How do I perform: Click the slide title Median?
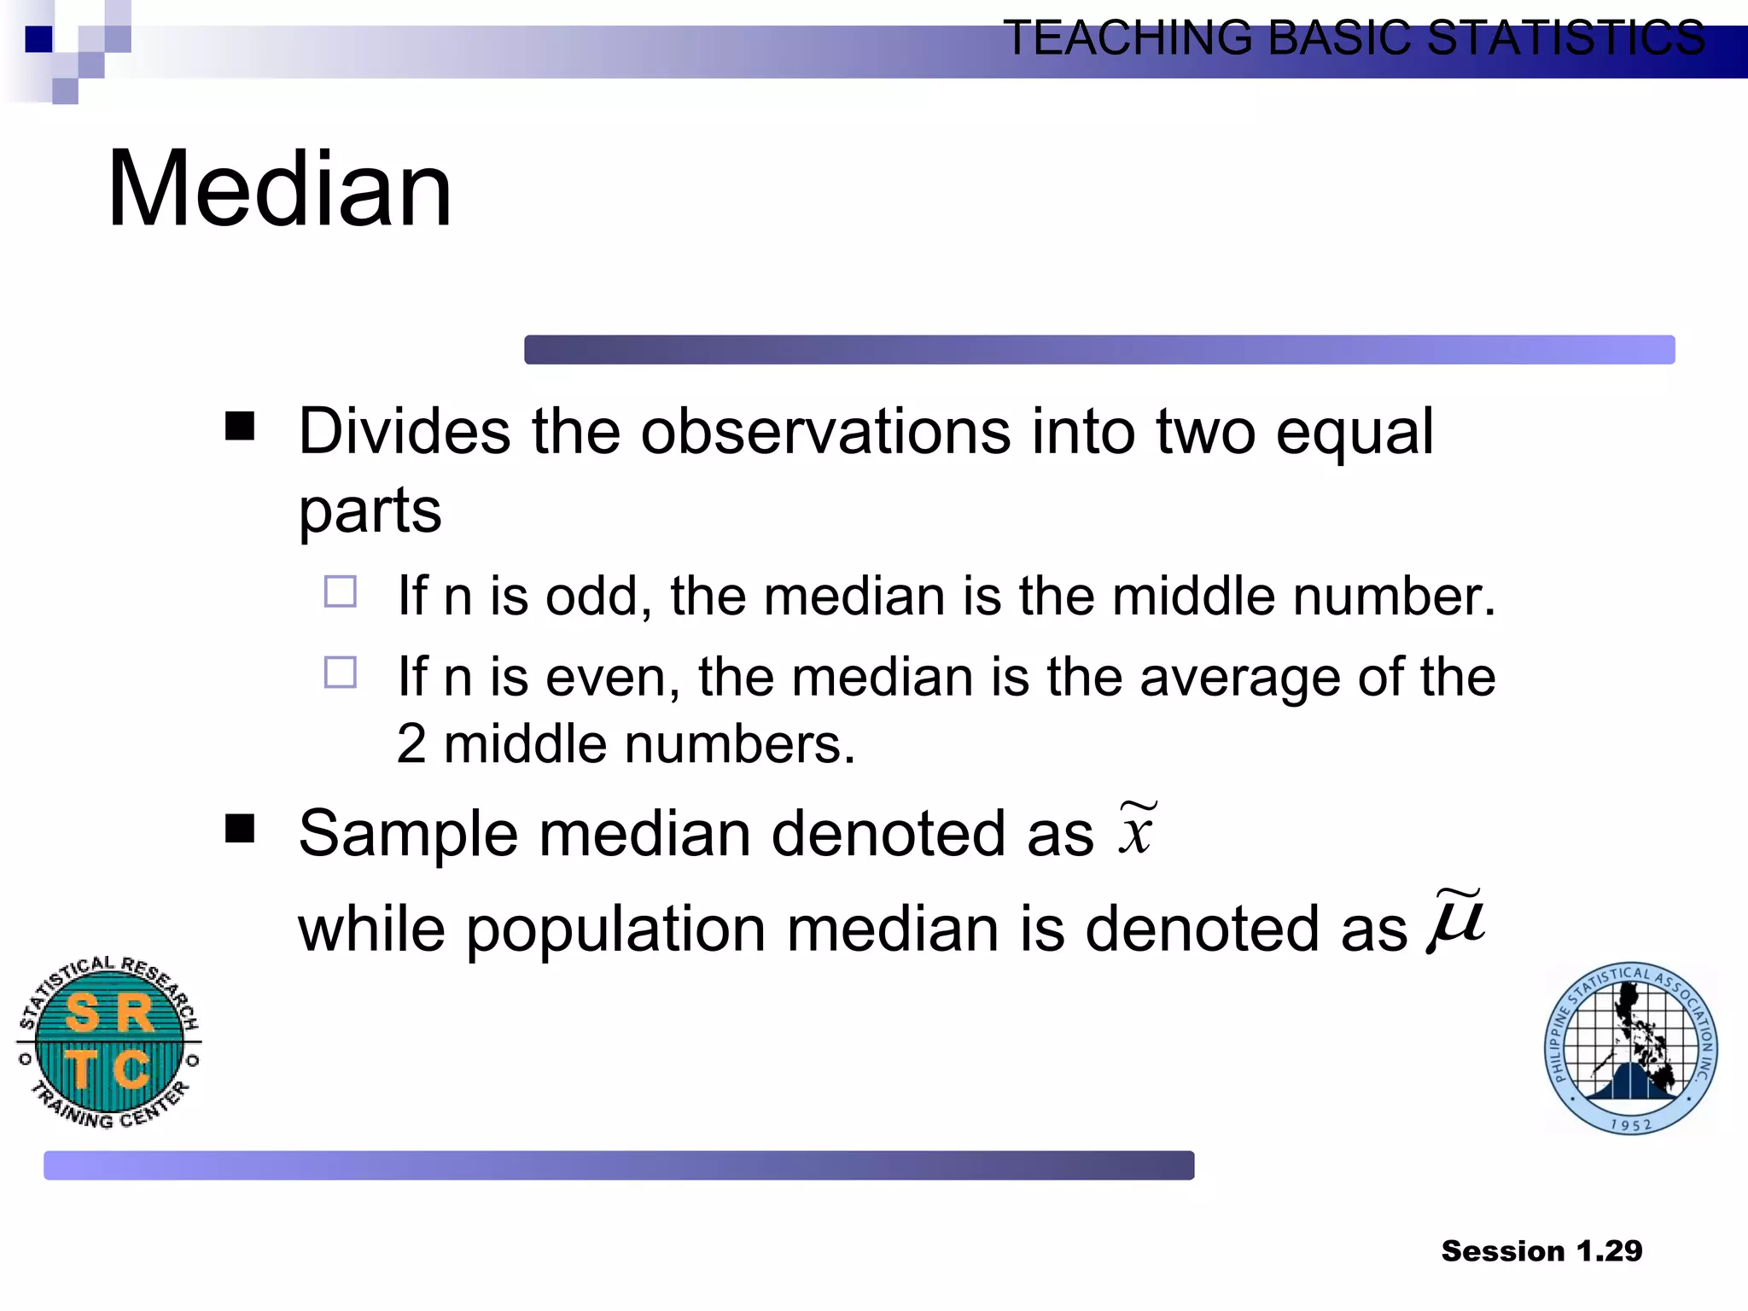pyautogui.click(x=279, y=189)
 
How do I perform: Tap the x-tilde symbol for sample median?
pyautogui.click(x=1137, y=830)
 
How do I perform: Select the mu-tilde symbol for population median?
pyautogui.click(x=1458, y=922)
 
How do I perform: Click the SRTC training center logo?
pyautogui.click(x=109, y=1042)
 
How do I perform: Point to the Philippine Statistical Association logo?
pyautogui.click(x=1631, y=1049)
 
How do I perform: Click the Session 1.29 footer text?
pyautogui.click(x=1541, y=1250)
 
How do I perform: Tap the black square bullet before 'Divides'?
pyautogui.click(x=240, y=426)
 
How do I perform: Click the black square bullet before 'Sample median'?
pyautogui.click(x=240, y=828)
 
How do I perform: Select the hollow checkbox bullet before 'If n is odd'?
pyautogui.click(x=341, y=591)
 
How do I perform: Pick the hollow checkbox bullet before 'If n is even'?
pyautogui.click(x=341, y=672)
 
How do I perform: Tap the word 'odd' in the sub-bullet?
pyautogui.click(x=592, y=596)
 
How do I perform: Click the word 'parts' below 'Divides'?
pyautogui.click(x=370, y=510)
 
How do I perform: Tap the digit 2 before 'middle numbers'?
pyautogui.click(x=411, y=743)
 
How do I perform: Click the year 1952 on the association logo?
pyautogui.click(x=1631, y=1125)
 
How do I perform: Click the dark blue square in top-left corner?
pyautogui.click(x=39, y=39)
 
